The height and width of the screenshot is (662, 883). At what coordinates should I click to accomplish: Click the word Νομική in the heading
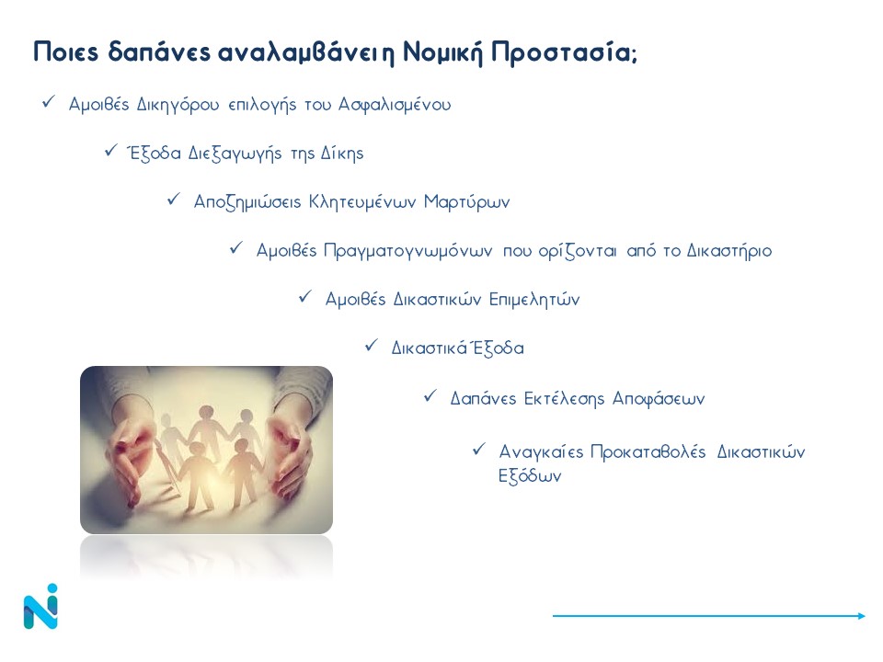tap(442, 52)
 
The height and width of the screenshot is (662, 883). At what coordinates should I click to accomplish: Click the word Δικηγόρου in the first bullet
tap(178, 105)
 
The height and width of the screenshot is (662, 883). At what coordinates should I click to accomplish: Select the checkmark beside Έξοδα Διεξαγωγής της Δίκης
tap(111, 151)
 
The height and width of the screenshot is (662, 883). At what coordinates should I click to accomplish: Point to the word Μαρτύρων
tap(467, 202)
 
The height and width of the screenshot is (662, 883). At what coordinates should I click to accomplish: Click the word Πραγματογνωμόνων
tap(407, 251)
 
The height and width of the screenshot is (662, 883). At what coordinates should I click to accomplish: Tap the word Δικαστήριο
tap(728, 251)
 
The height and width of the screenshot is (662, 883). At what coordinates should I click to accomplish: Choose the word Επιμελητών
tap(533, 300)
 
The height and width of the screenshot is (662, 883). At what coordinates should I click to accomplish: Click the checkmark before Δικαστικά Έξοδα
tap(371, 345)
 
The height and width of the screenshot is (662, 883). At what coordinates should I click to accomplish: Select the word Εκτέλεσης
tap(565, 398)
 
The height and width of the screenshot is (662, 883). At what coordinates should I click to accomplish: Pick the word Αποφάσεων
tap(659, 399)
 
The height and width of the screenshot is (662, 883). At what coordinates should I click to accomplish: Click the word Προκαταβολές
tap(648, 451)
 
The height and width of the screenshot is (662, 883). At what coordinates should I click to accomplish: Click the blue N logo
tap(40, 606)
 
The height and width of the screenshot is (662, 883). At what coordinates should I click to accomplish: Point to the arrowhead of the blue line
tap(862, 616)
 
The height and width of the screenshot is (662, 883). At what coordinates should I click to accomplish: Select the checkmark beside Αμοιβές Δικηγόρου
tap(49, 102)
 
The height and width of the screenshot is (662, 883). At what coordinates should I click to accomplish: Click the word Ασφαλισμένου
tap(395, 105)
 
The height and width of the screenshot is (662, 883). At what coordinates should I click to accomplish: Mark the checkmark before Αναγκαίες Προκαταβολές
tap(478, 450)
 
